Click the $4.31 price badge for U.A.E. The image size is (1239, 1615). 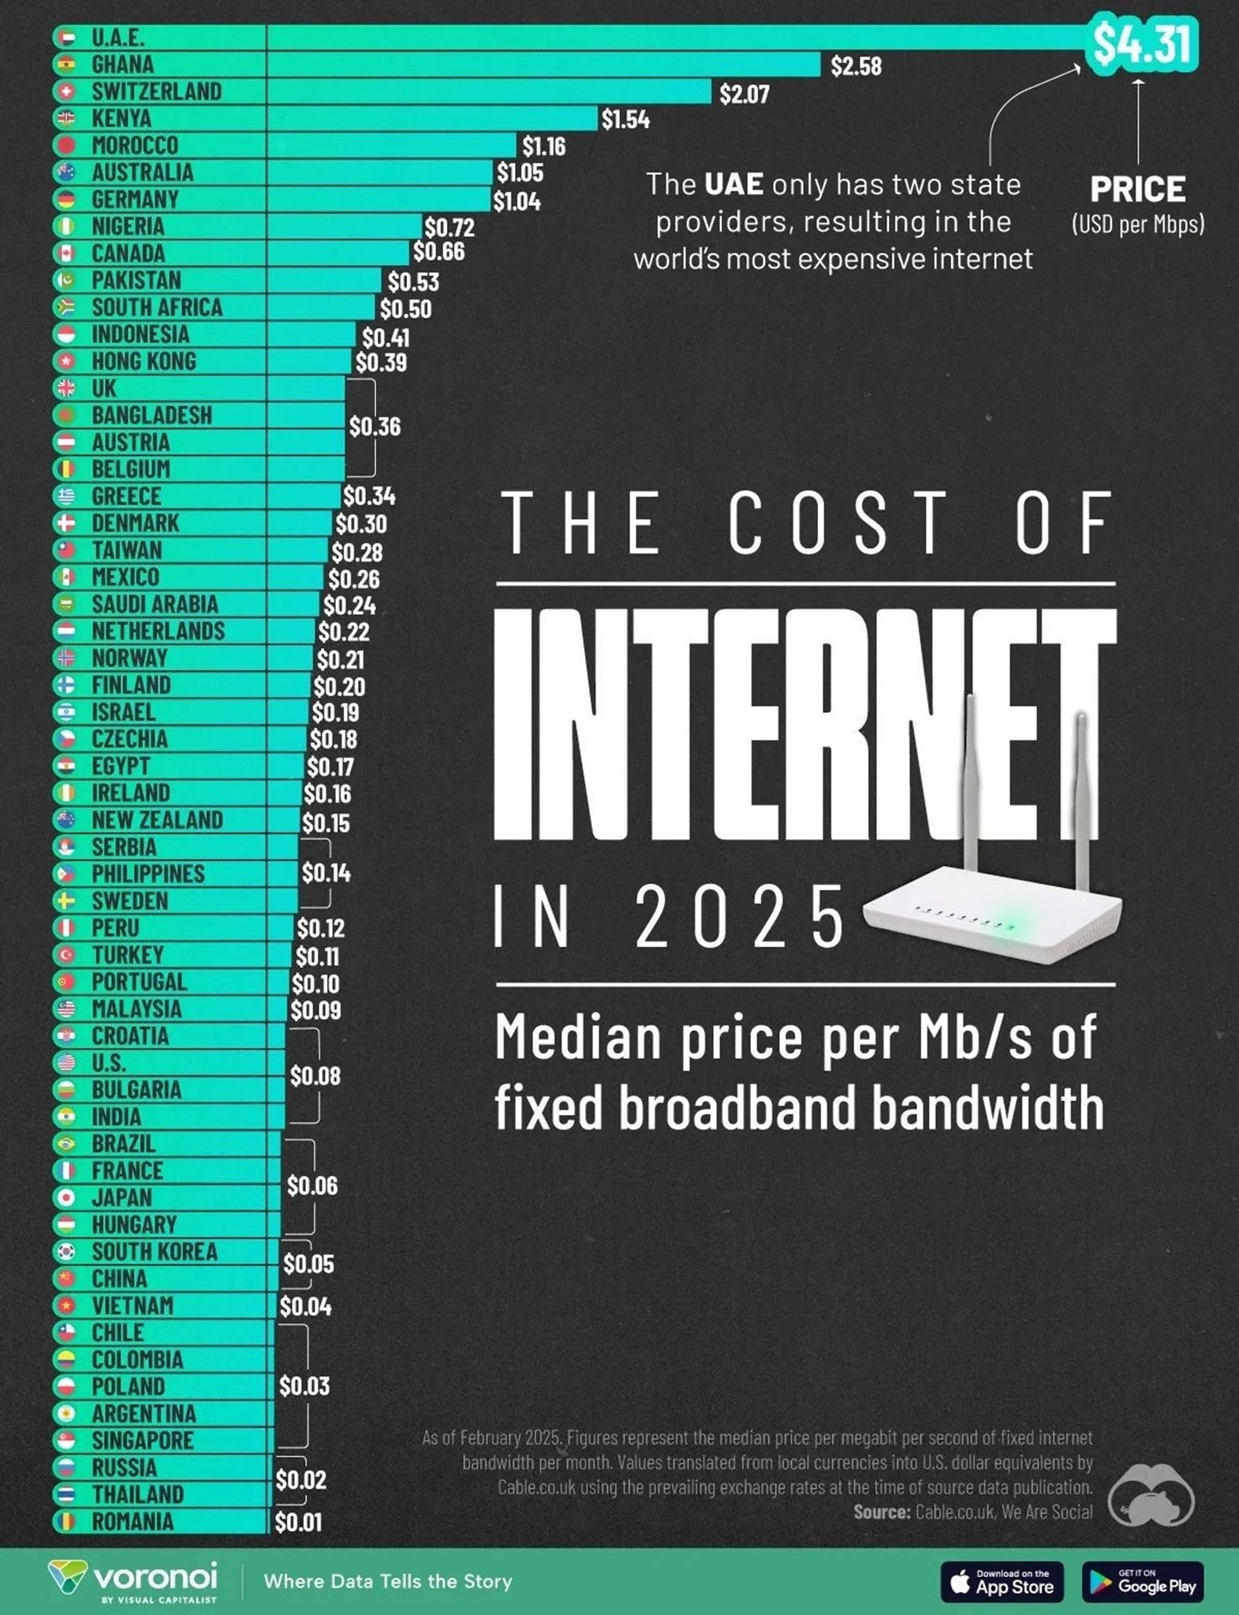click(1141, 44)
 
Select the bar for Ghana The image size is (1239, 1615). click(544, 65)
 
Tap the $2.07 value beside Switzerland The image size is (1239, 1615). click(744, 94)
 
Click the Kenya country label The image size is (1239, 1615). click(121, 118)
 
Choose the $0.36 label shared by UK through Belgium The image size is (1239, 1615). click(375, 427)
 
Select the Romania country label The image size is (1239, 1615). click(132, 1521)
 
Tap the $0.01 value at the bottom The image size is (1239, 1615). click(298, 1522)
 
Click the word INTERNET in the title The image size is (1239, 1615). click(804, 722)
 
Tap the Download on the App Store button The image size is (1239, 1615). click(1002, 1581)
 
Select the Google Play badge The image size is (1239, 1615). click(1143, 1581)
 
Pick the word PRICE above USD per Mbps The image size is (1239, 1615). click(1137, 189)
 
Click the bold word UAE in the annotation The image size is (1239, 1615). click(733, 185)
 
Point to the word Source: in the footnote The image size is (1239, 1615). click(881, 1512)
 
